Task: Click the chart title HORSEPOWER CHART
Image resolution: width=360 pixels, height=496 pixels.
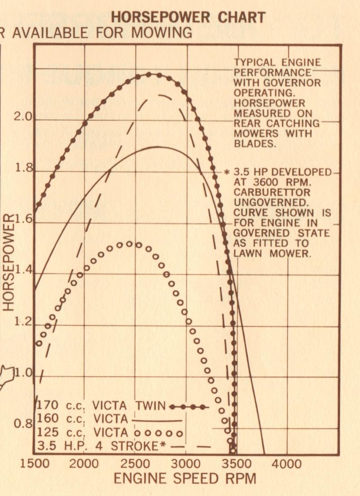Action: pyautogui.click(x=188, y=18)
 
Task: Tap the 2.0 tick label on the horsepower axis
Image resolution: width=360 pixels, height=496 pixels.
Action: pyautogui.click(x=22, y=117)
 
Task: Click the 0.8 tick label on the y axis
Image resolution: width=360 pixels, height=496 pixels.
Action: pyautogui.click(x=22, y=424)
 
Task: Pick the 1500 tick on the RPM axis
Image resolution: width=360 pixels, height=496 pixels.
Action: pyautogui.click(x=34, y=464)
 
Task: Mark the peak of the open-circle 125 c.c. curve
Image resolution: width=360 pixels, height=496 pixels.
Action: pyautogui.click(x=129, y=243)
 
